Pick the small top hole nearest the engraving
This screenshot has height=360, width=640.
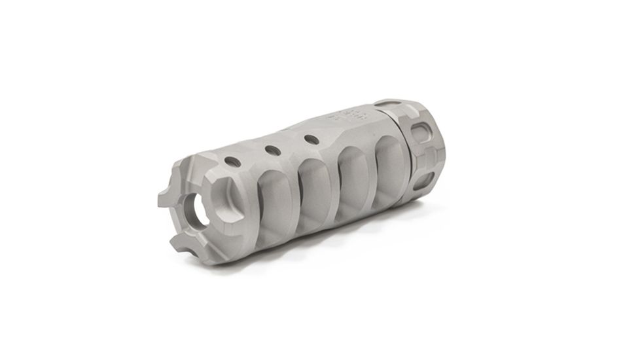311,139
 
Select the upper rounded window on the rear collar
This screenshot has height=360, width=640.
423,135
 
